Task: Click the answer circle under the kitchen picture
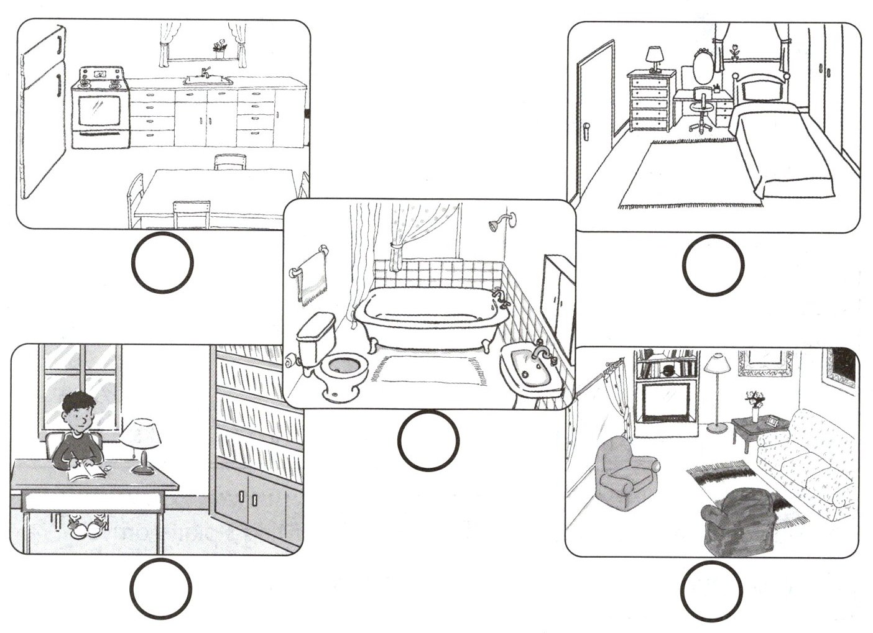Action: coord(162,263)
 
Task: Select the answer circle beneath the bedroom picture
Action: coord(713,265)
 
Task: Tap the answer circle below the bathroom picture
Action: coord(428,440)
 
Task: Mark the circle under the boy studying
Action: coord(161,588)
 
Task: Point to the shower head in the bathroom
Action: coord(495,226)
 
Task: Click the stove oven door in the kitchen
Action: coord(99,112)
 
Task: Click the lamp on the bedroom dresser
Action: coord(654,58)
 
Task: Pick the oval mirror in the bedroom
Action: coord(702,68)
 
